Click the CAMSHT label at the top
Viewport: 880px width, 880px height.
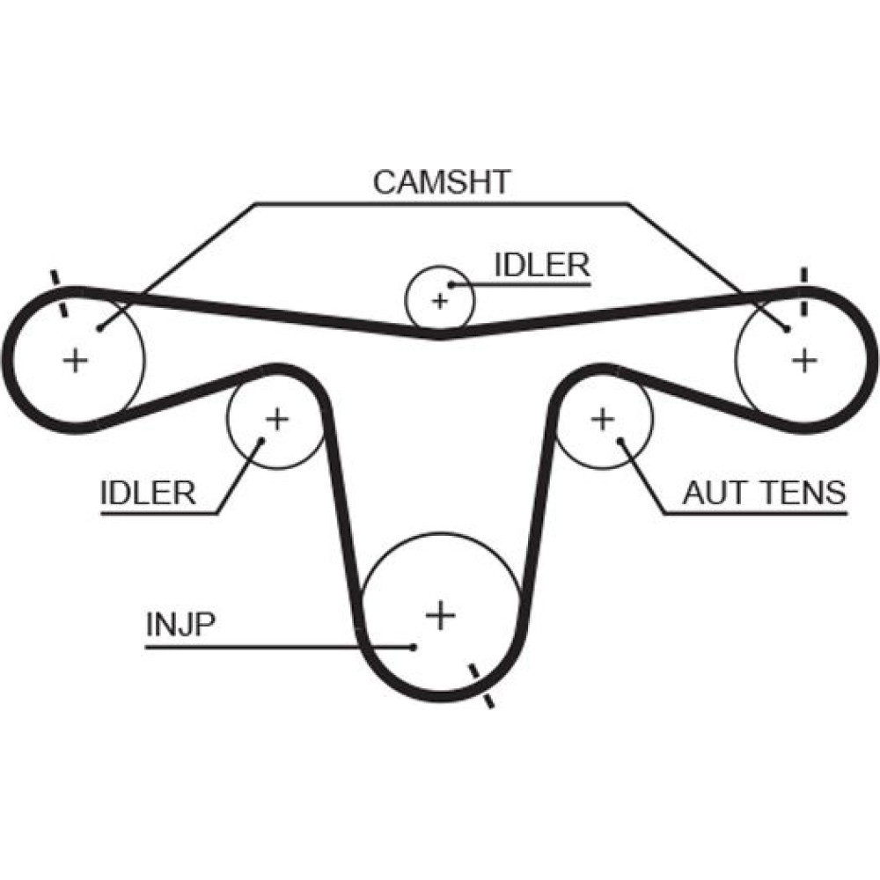[442, 181]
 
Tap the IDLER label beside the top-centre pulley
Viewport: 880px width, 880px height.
[541, 266]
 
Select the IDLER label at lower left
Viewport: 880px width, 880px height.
[148, 493]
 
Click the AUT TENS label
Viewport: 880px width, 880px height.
[763, 493]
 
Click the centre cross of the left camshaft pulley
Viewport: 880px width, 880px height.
[77, 359]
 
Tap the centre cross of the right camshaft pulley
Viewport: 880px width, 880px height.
[803, 359]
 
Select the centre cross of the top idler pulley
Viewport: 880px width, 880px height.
[439, 302]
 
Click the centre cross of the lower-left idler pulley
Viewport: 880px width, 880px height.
[277, 418]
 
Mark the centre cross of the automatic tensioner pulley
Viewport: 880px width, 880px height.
[603, 418]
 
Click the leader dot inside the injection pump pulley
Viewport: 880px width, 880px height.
[414, 647]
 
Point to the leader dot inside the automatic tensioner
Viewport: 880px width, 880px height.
[621, 440]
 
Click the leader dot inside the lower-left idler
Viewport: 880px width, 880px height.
[260, 440]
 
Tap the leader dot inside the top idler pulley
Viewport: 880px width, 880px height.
[451, 283]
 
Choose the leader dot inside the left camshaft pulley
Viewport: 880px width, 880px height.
[101, 328]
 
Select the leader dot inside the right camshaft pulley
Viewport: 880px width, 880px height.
[786, 328]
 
